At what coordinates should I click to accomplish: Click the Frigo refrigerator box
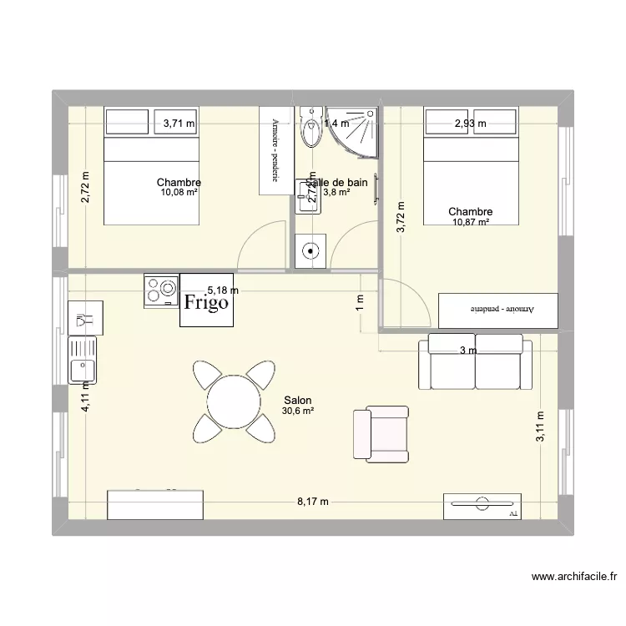coord(207,301)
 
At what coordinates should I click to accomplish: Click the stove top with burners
coord(161,290)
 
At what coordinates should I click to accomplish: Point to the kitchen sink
coord(82,358)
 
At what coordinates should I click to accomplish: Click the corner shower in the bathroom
coord(352,133)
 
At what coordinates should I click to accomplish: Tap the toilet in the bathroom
coord(311,129)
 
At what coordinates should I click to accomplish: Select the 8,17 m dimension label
coord(313,502)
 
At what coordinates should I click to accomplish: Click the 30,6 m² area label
coord(297,411)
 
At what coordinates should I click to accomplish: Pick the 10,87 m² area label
coord(470,223)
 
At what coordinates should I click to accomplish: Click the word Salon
coord(298,401)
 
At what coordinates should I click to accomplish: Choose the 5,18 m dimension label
coord(223,290)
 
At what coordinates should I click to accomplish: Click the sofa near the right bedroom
coord(474,362)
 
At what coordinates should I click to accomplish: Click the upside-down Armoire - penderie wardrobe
coord(497,309)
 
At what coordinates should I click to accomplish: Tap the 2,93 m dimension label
coord(470,124)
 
